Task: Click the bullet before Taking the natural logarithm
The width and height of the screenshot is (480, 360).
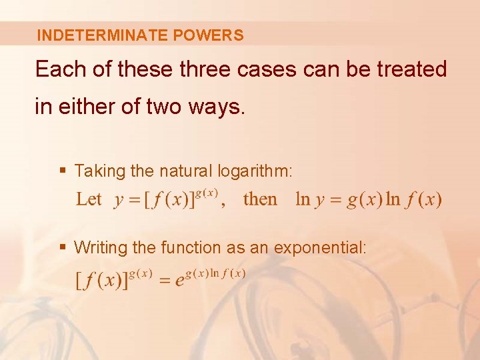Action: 63,171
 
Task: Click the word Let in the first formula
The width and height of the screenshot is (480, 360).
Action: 89,199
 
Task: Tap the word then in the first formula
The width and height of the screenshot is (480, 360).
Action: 260,199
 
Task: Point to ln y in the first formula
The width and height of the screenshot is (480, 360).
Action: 310,199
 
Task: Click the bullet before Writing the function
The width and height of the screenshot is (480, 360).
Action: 63,247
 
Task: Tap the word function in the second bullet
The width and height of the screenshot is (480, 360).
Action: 191,247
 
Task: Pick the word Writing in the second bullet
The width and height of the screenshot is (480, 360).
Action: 101,248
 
